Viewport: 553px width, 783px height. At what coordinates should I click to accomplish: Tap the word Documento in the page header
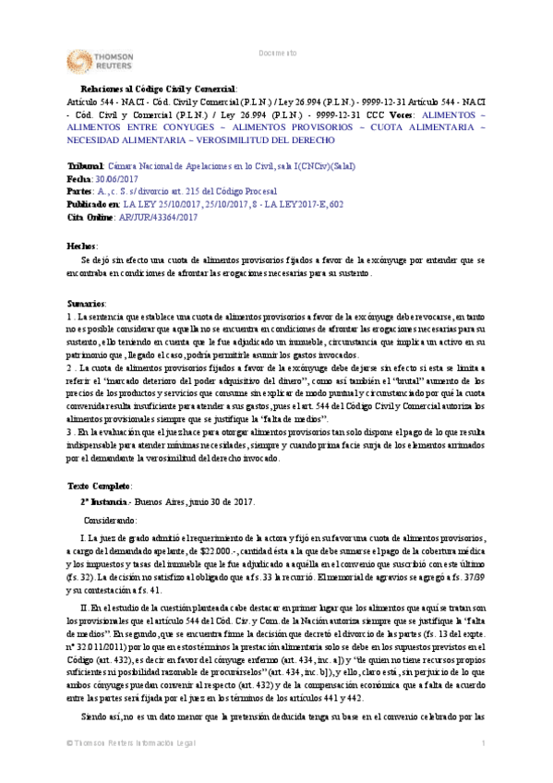click(x=277, y=53)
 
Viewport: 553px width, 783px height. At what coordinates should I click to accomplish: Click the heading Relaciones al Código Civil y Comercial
click(x=160, y=88)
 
